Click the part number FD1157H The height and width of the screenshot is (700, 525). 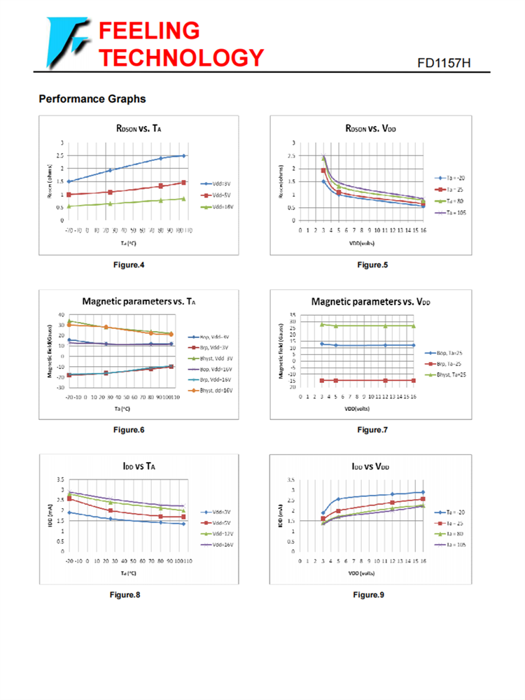click(x=444, y=63)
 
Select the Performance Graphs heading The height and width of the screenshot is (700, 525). click(x=92, y=99)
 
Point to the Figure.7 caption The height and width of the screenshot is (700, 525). click(x=372, y=430)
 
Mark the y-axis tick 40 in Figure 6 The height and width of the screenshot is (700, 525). click(x=61, y=314)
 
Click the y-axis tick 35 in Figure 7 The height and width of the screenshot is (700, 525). click(x=293, y=315)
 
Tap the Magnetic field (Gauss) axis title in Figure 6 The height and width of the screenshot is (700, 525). click(x=50, y=351)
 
